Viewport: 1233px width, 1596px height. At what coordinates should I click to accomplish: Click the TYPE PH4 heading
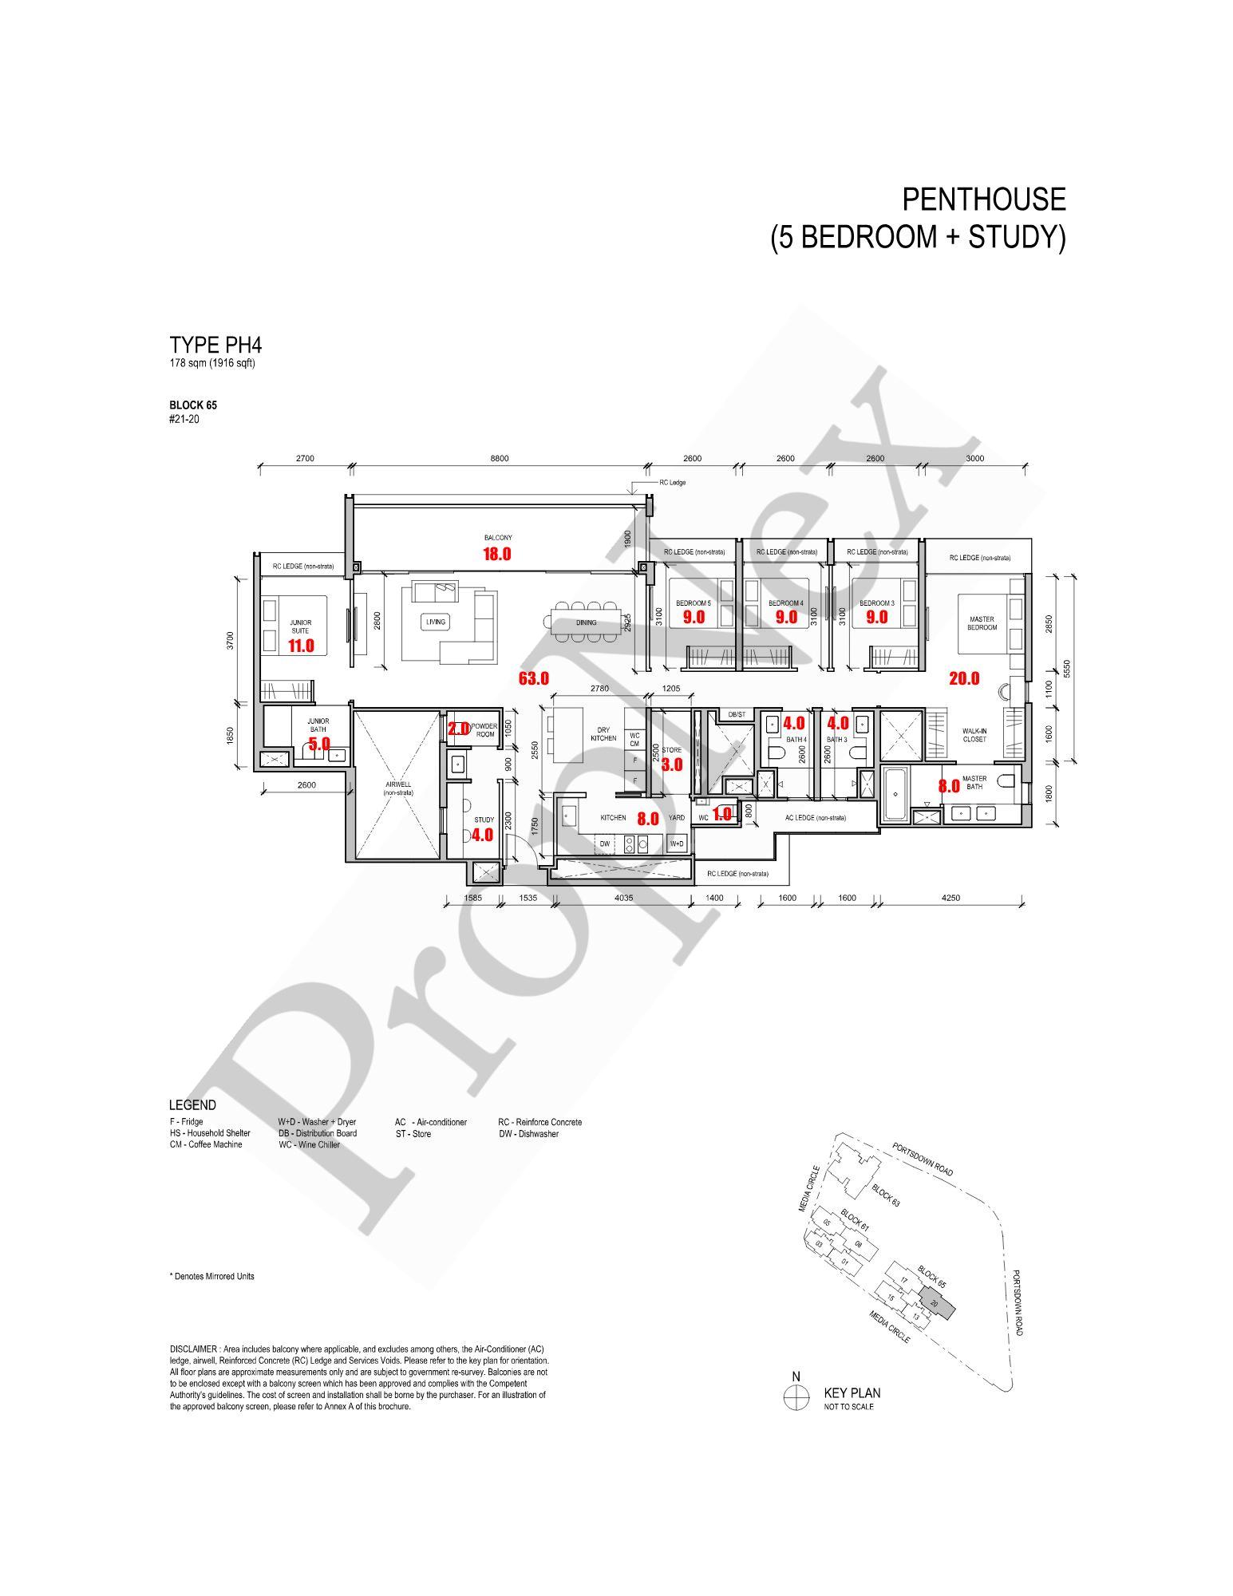click(215, 346)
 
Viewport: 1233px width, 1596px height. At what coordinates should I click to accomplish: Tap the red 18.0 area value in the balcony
click(496, 554)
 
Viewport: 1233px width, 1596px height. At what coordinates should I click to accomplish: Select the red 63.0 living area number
click(533, 679)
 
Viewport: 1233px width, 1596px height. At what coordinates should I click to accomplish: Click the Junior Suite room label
click(301, 626)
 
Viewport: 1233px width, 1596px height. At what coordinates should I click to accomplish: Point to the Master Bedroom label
click(982, 623)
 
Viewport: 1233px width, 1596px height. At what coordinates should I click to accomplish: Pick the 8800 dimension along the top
click(499, 459)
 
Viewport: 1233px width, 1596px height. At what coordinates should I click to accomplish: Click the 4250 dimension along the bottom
click(950, 898)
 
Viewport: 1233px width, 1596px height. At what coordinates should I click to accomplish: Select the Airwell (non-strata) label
click(397, 788)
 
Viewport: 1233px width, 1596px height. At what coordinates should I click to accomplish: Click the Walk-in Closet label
click(974, 735)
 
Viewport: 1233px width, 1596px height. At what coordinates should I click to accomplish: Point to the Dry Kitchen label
click(603, 734)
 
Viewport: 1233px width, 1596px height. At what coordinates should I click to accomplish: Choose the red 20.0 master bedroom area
click(964, 679)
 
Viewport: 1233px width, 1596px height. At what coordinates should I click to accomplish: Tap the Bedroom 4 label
click(786, 603)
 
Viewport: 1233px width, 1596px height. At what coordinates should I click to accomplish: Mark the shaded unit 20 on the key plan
click(935, 1303)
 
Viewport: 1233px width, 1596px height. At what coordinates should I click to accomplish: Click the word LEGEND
click(192, 1105)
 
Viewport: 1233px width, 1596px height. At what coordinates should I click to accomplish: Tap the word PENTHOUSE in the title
click(983, 199)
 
